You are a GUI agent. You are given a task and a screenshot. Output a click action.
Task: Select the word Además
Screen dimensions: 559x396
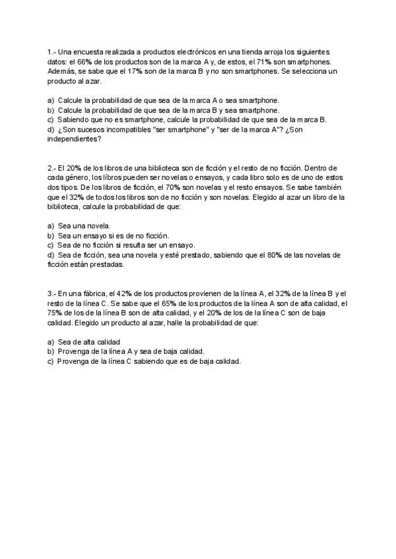61,71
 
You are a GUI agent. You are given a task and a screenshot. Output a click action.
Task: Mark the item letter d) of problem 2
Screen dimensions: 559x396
51,255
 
